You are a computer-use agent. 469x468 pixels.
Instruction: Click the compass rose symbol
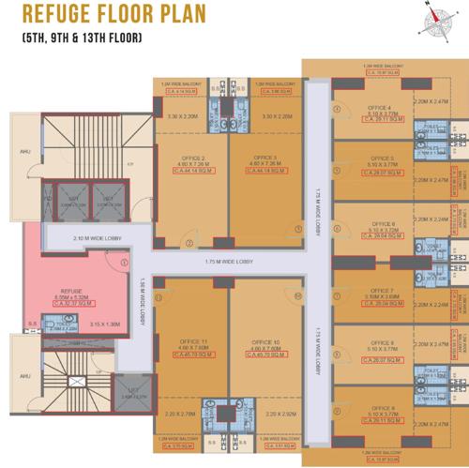click(x=436, y=17)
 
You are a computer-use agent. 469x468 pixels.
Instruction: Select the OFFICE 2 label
click(x=189, y=159)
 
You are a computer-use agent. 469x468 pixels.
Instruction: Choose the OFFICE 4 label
click(x=383, y=106)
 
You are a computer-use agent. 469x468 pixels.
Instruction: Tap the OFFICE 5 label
click(x=383, y=159)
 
